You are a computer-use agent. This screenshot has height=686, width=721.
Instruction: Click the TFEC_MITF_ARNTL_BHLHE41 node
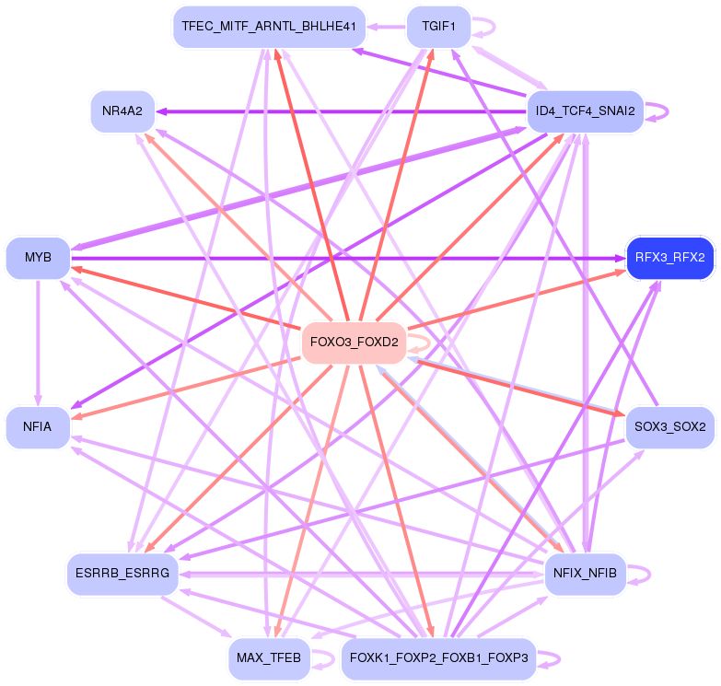point(270,27)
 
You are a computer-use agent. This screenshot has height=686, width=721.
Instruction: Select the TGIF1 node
point(438,27)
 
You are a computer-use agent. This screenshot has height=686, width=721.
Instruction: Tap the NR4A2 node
point(122,111)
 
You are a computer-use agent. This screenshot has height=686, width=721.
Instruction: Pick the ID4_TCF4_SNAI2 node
point(585,111)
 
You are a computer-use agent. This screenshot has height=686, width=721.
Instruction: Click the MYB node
point(38,257)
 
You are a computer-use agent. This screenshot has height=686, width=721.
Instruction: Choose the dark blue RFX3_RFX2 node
point(669,257)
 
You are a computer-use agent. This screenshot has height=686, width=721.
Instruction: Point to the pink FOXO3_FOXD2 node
point(355,343)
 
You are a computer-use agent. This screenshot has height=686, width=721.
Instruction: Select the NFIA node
point(38,427)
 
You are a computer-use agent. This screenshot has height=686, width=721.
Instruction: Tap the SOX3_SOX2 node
point(669,427)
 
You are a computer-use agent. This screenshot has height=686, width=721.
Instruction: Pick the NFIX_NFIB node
point(585,574)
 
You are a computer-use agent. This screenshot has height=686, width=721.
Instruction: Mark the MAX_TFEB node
point(268,658)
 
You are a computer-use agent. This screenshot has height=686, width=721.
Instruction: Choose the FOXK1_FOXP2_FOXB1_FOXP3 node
point(438,658)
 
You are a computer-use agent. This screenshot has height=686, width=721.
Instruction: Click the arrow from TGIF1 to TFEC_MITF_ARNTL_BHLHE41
point(388,27)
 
